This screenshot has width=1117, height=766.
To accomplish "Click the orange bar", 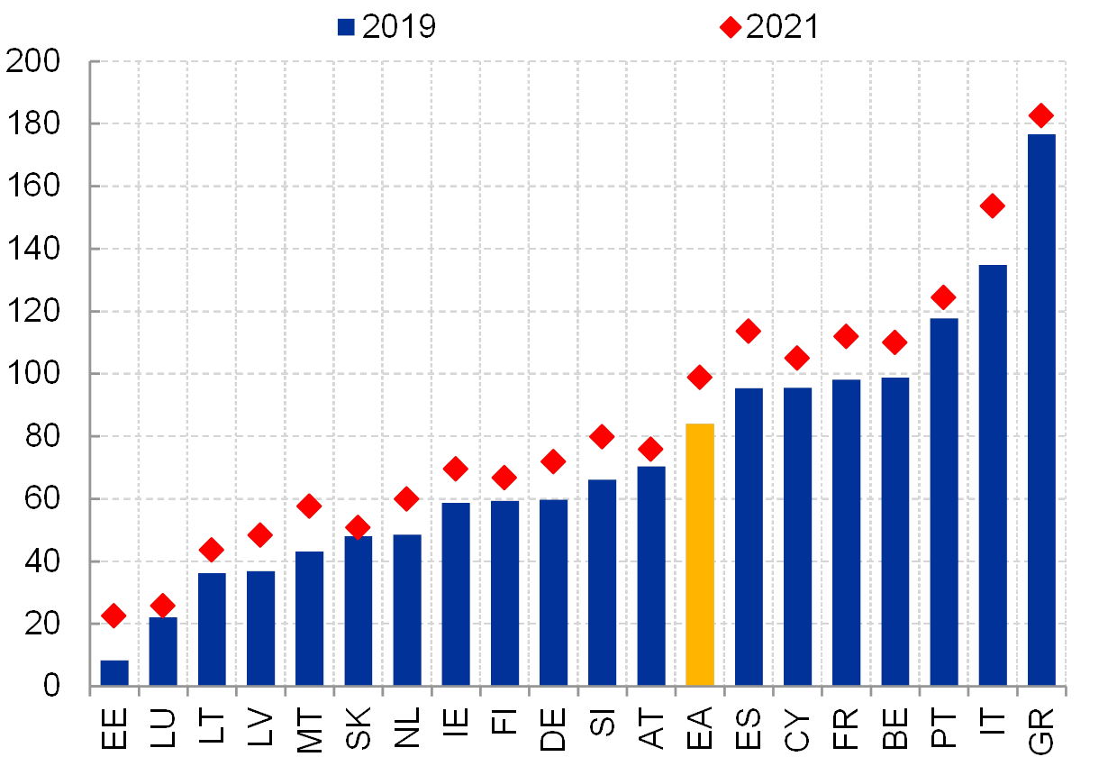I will point(700,554).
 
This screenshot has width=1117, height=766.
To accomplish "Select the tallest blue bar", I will point(1041,410).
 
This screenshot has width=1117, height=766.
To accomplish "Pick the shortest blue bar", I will point(114,672).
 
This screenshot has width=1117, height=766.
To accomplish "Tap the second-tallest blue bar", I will point(993,475).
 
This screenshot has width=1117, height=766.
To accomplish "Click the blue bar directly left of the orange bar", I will point(651,575).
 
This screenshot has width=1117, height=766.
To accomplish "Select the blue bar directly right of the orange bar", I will point(749,536).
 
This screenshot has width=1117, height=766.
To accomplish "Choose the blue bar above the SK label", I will point(359,611).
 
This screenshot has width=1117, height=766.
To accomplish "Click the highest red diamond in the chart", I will point(1041,115).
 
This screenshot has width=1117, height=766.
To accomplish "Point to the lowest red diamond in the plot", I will point(114,616).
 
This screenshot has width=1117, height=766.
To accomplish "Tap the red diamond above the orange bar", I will point(700,378).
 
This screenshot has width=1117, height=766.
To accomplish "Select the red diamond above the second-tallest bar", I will point(992,206).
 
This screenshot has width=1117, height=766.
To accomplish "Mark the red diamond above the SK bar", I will point(358,527).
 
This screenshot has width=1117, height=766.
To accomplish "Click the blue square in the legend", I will point(346,28).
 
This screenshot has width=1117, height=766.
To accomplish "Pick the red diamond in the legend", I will point(731,28).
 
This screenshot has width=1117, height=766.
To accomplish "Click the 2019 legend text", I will point(399,28).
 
